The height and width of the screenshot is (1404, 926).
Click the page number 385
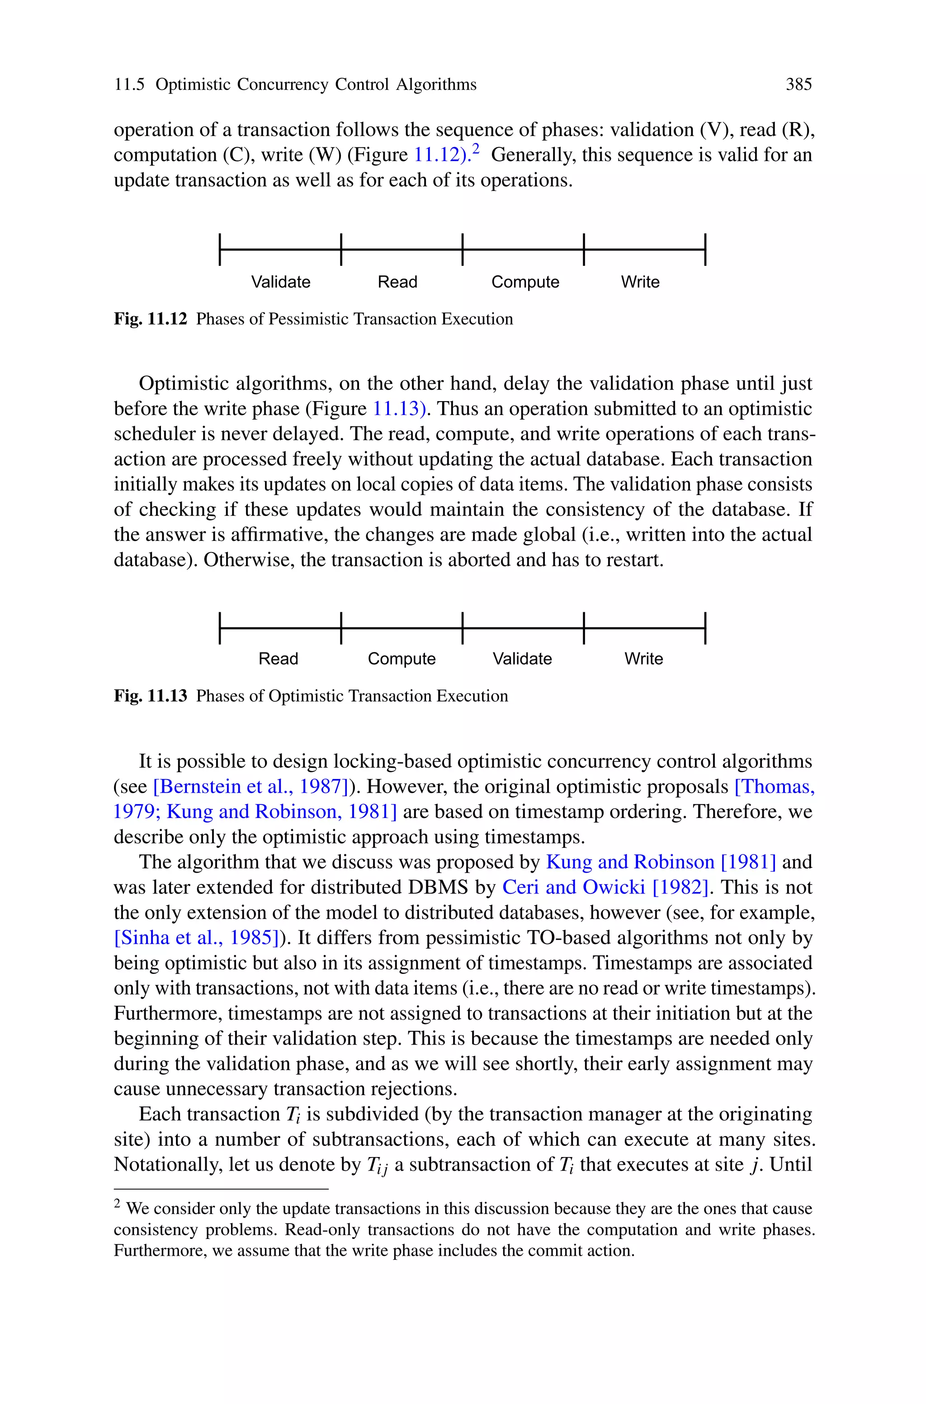point(798,85)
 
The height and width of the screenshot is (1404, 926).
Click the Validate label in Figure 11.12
point(280,282)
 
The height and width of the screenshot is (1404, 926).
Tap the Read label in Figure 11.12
point(397,282)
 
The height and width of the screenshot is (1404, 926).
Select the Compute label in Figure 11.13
point(402,658)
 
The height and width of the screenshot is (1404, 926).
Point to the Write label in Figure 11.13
point(644,658)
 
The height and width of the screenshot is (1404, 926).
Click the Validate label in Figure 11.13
point(522,658)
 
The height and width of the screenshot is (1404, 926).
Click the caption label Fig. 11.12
point(150,319)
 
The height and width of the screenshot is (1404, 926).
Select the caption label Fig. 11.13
point(150,696)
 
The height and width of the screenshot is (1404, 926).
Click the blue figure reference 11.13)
point(399,409)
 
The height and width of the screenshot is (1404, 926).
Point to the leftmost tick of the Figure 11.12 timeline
point(220,249)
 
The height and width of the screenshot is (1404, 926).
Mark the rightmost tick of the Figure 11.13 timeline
point(705,628)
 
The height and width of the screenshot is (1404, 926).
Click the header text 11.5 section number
point(129,85)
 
